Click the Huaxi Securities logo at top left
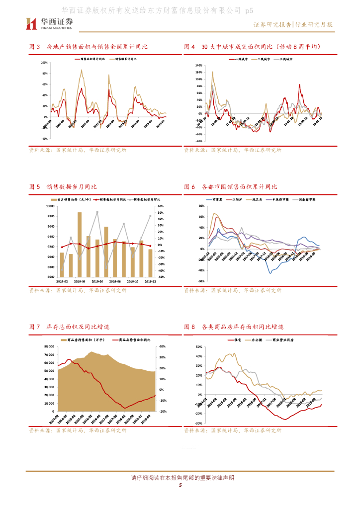[49, 23]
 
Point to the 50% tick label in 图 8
[198, 347]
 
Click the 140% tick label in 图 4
[198, 65]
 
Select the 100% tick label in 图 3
[44, 63]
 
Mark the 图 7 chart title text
[69, 327]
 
